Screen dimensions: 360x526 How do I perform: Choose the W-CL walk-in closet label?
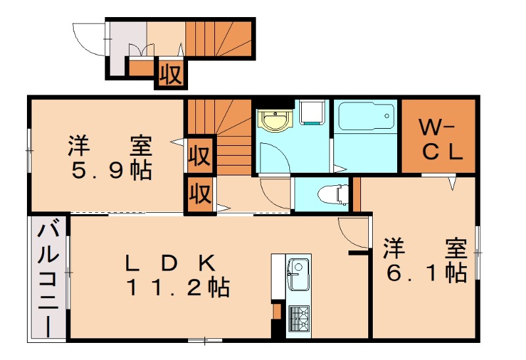coord(439,139)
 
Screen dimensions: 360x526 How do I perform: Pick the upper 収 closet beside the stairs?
coord(200,156)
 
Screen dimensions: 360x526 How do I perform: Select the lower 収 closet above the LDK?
coord(200,194)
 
